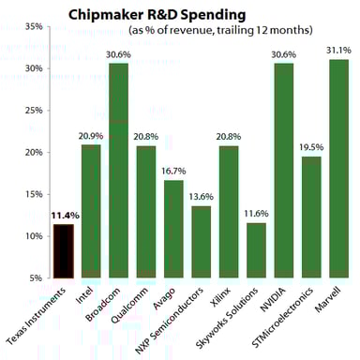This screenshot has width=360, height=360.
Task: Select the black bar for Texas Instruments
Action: click(x=63, y=250)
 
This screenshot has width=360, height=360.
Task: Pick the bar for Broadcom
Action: click(x=118, y=170)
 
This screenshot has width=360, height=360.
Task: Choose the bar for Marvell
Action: click(x=338, y=168)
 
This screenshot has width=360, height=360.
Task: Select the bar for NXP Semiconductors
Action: click(x=201, y=241)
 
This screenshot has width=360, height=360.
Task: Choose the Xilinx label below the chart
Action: click(x=219, y=296)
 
